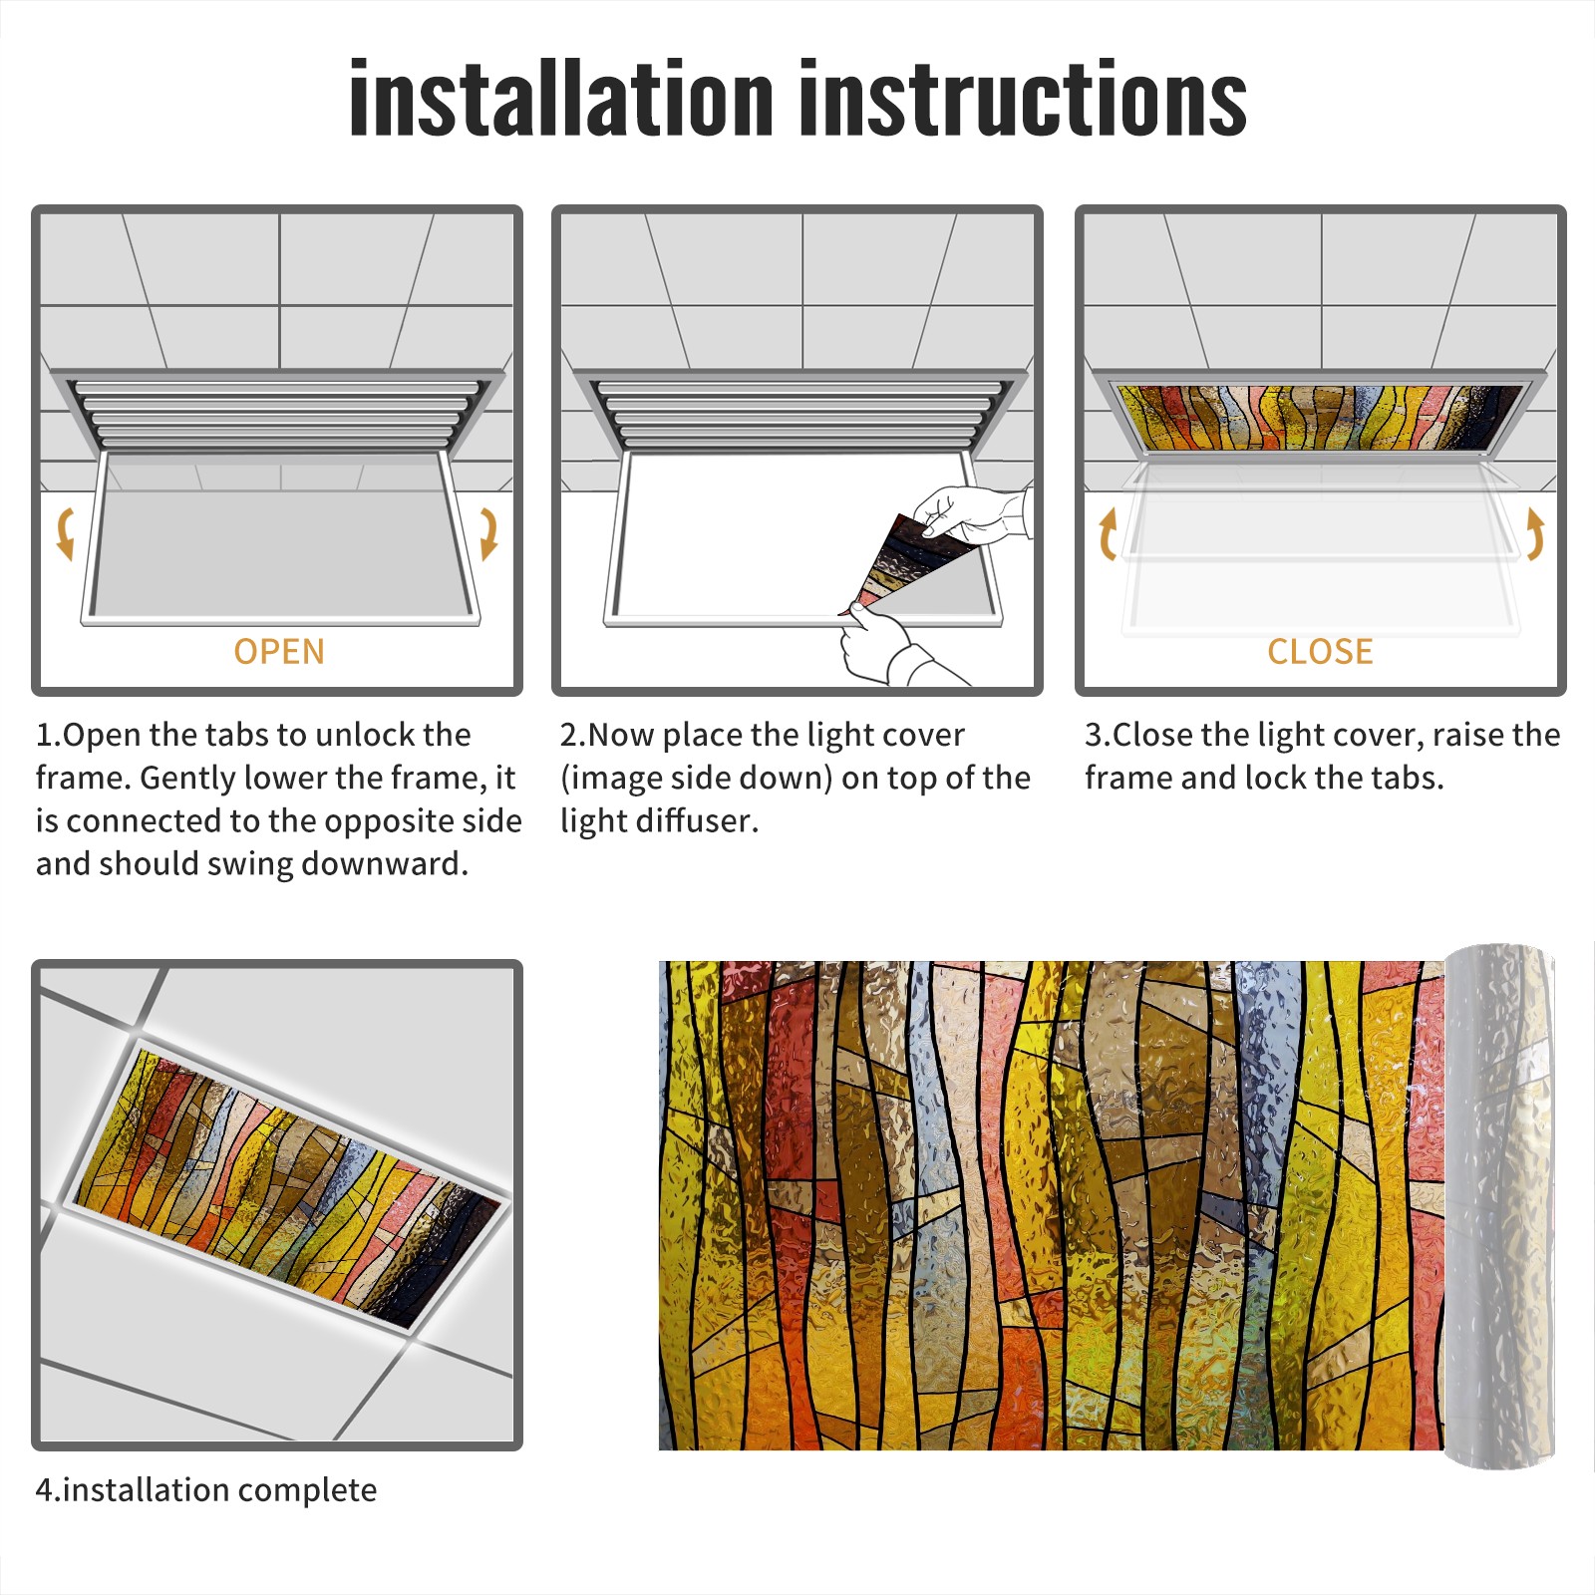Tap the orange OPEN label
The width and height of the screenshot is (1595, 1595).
click(279, 651)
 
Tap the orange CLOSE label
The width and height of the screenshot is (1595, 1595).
click(1320, 651)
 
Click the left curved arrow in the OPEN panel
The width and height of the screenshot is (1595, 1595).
click(65, 533)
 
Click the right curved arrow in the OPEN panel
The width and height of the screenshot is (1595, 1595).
click(488, 533)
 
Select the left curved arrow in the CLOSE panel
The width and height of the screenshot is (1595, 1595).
click(1108, 533)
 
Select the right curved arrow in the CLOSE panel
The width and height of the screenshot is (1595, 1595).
click(1535, 533)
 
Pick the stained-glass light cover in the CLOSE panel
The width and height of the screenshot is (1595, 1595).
click(1320, 417)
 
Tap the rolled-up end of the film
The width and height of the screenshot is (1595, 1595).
click(1499, 1206)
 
